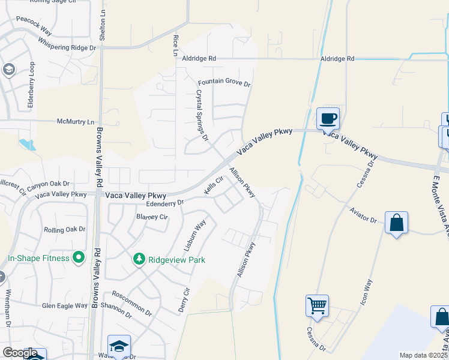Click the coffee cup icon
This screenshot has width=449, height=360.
(328, 118)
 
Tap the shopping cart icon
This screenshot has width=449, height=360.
(316, 305)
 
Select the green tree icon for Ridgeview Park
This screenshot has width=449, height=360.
(139, 259)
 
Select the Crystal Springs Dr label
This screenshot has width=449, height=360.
(202, 115)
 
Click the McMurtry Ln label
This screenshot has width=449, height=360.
(76, 121)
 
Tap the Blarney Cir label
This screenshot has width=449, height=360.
(152, 217)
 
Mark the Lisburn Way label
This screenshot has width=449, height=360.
(195, 235)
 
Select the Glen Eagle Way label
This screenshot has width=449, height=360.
(65, 305)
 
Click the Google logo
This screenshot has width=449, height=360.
(20, 353)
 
